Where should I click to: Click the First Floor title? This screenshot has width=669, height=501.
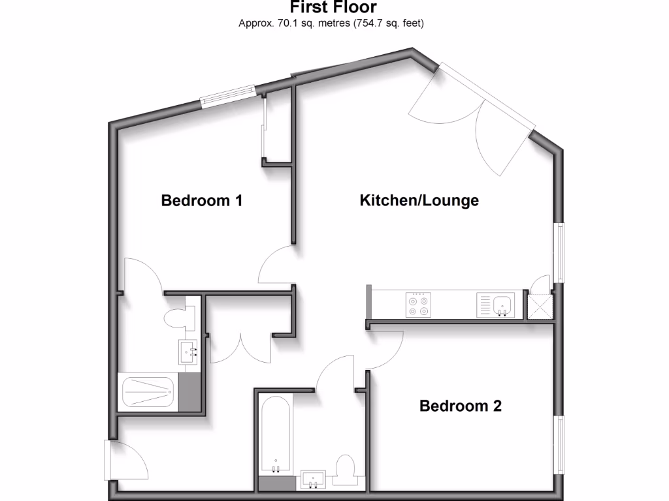(333, 8)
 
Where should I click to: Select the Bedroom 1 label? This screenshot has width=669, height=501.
(202, 200)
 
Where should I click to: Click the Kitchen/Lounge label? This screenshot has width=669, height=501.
(419, 200)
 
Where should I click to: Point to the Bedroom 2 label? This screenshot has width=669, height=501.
(460, 406)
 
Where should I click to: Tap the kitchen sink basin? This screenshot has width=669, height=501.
(502, 305)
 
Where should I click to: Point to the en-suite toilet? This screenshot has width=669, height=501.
(178, 318)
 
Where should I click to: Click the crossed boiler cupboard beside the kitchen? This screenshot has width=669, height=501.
(540, 307)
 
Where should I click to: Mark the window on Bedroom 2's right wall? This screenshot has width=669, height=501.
(560, 444)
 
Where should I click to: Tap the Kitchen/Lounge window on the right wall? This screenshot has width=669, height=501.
(560, 253)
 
